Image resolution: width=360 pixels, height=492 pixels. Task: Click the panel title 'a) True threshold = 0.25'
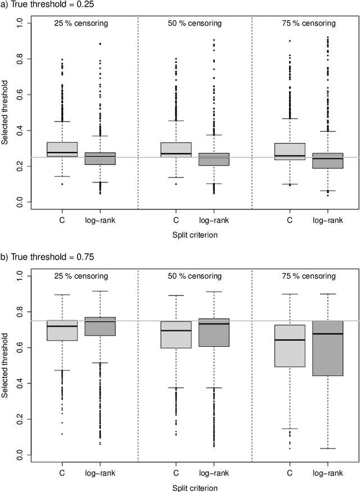(x=47, y=5)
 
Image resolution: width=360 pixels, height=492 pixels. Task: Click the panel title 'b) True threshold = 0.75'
(x=47, y=257)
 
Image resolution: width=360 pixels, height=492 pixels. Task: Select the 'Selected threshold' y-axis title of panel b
(x=6, y=365)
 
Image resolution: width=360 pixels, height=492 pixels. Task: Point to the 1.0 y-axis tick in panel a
(x=20, y=23)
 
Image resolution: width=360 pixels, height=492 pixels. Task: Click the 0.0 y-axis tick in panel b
(x=20, y=455)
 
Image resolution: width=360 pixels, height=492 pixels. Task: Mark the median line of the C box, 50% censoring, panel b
(x=176, y=330)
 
